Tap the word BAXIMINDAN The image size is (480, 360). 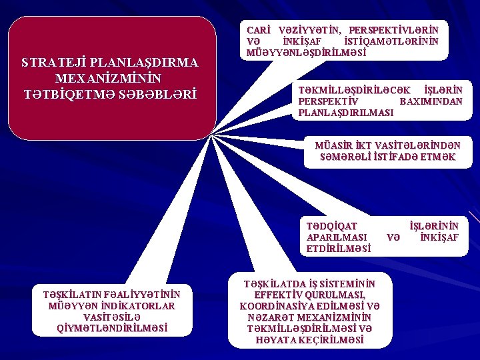(x=431, y=101)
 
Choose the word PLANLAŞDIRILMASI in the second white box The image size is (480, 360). (x=345, y=113)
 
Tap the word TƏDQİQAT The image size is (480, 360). (x=331, y=226)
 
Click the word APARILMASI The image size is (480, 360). (x=337, y=237)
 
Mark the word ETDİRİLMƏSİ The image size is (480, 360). (x=339, y=249)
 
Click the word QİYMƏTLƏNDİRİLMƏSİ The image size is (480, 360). (x=112, y=328)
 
